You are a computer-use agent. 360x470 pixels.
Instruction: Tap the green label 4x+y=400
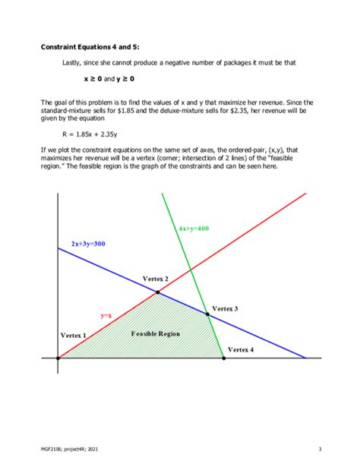click(194, 228)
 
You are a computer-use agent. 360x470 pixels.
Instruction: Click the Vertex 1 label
click(74, 335)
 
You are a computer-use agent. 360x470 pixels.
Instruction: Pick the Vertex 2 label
click(156, 279)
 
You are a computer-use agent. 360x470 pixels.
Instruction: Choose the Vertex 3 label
click(225, 308)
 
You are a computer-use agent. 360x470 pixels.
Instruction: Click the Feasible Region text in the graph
click(155, 333)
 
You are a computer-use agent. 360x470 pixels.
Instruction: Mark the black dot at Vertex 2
click(157, 292)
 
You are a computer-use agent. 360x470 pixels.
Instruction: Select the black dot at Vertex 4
click(223, 357)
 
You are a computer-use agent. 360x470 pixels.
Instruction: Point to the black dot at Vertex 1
click(58, 357)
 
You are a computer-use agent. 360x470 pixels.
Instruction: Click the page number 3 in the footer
click(320, 449)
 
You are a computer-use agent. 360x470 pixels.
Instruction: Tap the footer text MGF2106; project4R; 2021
click(70, 449)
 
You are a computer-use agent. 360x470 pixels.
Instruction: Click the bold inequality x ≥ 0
click(93, 78)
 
